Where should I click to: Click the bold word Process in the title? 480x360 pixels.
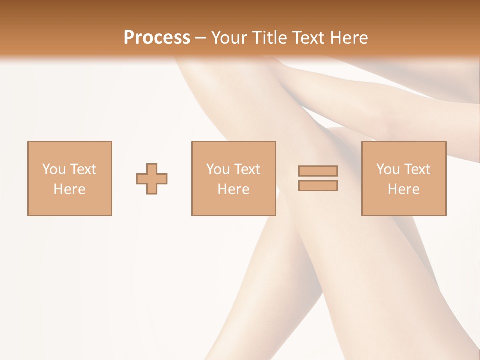tap(157, 38)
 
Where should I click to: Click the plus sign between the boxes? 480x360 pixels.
tap(152, 178)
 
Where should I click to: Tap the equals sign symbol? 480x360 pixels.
tap(318, 178)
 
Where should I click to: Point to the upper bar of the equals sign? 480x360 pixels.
tap(318, 171)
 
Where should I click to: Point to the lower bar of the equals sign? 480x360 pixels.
tap(318, 186)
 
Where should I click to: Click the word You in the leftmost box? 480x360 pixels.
tap(54, 169)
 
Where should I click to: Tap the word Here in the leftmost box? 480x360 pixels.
tap(70, 189)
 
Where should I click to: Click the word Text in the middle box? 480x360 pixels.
tap(247, 169)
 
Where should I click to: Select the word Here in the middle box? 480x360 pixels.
tap(234, 189)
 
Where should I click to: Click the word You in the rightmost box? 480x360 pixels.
tap(388, 169)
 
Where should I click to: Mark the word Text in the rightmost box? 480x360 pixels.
tap(417, 169)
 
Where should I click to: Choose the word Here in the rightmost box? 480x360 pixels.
tap(404, 189)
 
